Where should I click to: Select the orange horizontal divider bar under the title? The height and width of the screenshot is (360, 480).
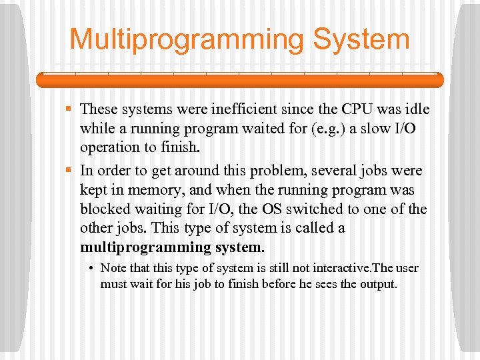[x=240, y=80]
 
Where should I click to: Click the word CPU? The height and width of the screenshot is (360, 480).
[x=357, y=109]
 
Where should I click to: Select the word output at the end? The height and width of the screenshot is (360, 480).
[x=377, y=284]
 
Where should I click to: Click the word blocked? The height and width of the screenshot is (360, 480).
[x=103, y=209]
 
